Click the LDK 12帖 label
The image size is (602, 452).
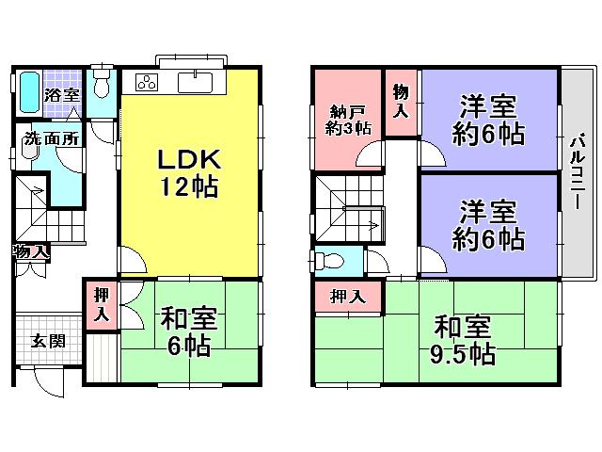click(x=187, y=172)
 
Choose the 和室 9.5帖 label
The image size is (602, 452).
click(x=464, y=341)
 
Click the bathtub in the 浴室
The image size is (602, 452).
click(x=28, y=92)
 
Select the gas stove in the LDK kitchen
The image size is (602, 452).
click(x=148, y=82)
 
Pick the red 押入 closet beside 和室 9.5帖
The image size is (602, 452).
click(x=349, y=297)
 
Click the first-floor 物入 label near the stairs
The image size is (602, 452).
click(x=31, y=251)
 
